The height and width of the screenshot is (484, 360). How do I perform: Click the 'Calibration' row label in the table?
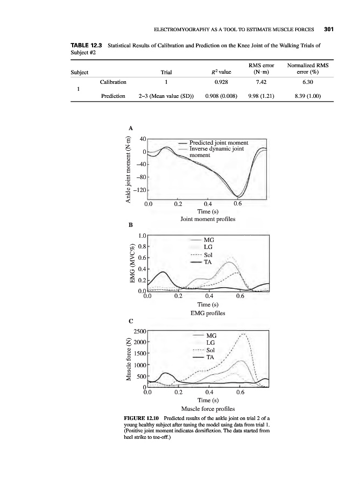click(113, 82)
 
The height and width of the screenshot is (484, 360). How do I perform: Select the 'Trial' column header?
click(167, 72)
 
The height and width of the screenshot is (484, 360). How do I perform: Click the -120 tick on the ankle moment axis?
click(140, 190)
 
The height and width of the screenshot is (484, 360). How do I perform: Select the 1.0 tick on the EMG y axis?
click(142, 235)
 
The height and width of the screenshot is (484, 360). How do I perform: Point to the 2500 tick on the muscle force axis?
click(139, 332)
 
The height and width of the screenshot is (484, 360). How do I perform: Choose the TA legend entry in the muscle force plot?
click(210, 357)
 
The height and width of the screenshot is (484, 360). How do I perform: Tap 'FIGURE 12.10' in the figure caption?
click(142, 418)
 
